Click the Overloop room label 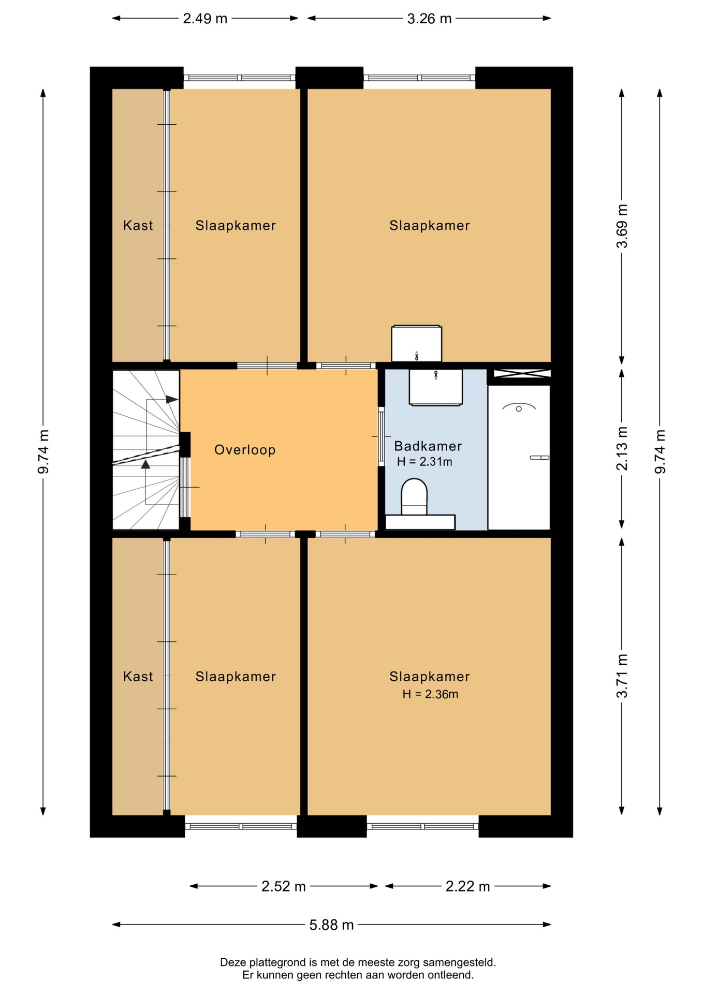(245, 450)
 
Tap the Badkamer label (428, 446)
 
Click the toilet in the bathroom (414, 496)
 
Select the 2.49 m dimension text (205, 19)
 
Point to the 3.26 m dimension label (429, 19)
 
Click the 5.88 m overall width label (331, 925)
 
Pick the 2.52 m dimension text (283, 886)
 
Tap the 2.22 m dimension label (467, 886)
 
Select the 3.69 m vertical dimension (622, 226)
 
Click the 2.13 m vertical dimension (622, 448)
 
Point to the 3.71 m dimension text (622, 676)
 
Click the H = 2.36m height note (430, 694)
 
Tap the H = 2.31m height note (424, 462)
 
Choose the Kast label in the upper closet (138, 225)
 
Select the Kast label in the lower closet (138, 676)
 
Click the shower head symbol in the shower (519, 407)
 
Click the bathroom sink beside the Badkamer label (435, 387)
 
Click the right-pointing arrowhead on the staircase (172, 399)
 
